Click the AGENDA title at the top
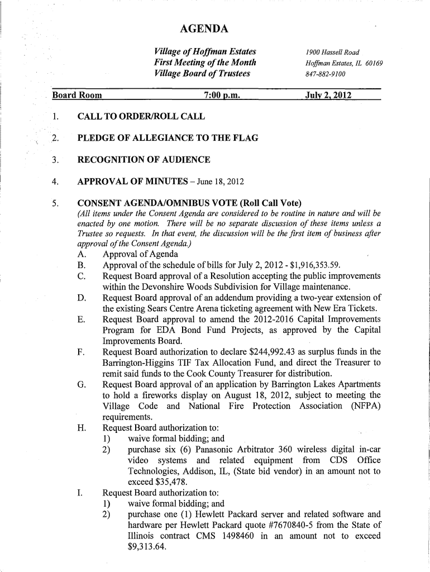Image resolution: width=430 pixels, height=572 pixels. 204,29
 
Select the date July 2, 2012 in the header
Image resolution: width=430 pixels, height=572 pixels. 328,95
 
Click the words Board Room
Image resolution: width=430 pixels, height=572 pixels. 77,95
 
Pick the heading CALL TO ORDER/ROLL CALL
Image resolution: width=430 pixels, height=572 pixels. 141,117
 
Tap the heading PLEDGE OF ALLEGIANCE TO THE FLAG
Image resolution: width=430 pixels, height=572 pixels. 168,138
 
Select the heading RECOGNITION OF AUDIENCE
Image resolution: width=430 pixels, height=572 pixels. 144,160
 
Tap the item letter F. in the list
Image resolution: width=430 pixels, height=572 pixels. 82,352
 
